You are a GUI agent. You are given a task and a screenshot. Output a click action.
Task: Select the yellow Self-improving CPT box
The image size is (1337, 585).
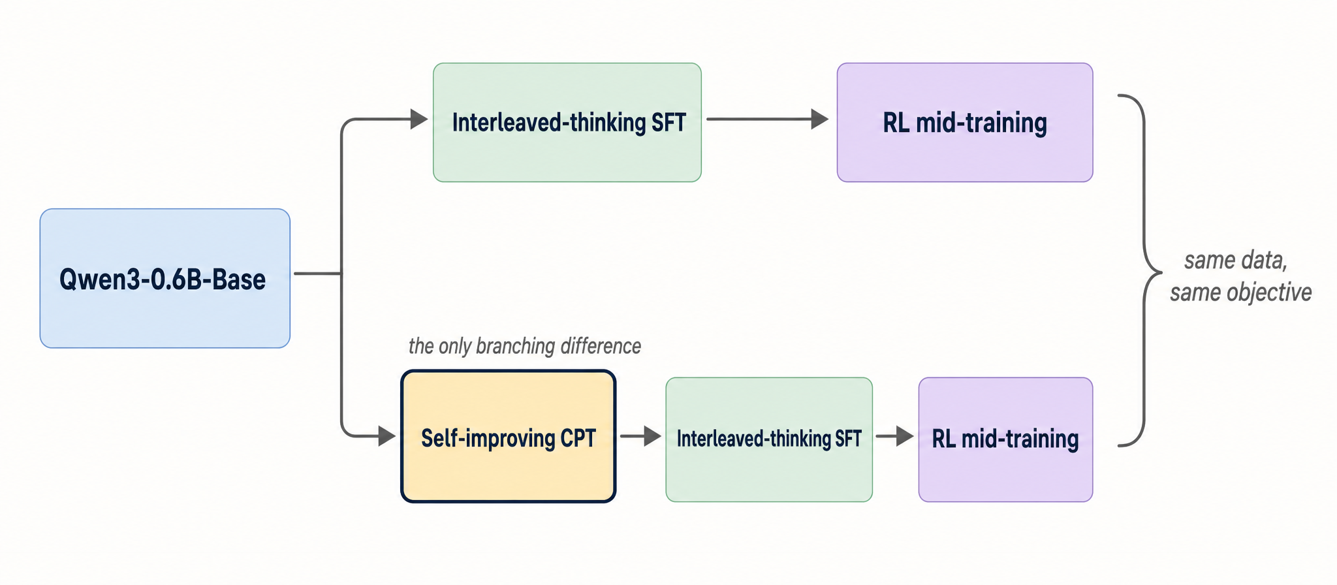[x=508, y=470]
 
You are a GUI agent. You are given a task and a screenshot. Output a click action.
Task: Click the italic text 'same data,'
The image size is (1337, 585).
[x=1236, y=260]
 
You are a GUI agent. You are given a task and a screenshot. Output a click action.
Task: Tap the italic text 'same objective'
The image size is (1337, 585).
[x=1240, y=292]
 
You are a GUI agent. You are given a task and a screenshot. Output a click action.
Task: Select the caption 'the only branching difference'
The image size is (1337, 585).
[x=524, y=346]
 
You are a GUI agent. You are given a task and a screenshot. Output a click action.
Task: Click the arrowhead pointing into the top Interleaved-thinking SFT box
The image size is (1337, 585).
[x=418, y=119]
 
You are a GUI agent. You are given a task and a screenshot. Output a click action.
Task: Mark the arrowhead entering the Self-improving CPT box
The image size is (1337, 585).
[x=386, y=436]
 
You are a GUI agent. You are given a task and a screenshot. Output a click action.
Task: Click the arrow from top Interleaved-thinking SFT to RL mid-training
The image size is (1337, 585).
[x=764, y=119]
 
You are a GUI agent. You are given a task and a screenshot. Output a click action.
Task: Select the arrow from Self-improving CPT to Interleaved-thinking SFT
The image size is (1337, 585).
[x=640, y=436]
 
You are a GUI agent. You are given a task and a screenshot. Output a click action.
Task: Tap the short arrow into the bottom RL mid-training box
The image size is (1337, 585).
[x=894, y=436]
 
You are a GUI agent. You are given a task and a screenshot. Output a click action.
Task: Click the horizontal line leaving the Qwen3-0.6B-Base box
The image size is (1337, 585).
[x=317, y=273]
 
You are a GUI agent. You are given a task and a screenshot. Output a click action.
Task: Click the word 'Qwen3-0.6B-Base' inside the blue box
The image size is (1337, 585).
[x=163, y=279]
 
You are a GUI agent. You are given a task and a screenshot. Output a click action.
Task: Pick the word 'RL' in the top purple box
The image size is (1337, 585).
[x=896, y=123]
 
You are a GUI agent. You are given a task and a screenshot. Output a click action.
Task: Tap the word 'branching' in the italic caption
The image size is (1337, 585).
[x=507, y=346]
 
